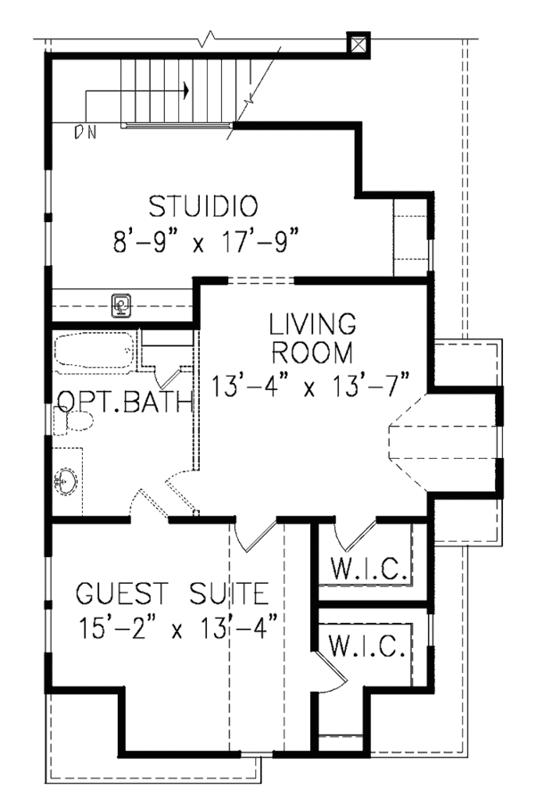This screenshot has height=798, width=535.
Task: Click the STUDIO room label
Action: click(202, 206)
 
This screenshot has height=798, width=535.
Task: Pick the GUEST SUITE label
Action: click(171, 593)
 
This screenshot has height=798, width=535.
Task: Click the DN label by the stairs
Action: click(86, 134)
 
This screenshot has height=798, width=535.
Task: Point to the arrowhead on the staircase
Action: click(186, 90)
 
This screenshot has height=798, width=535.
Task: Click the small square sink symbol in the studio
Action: click(120, 305)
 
